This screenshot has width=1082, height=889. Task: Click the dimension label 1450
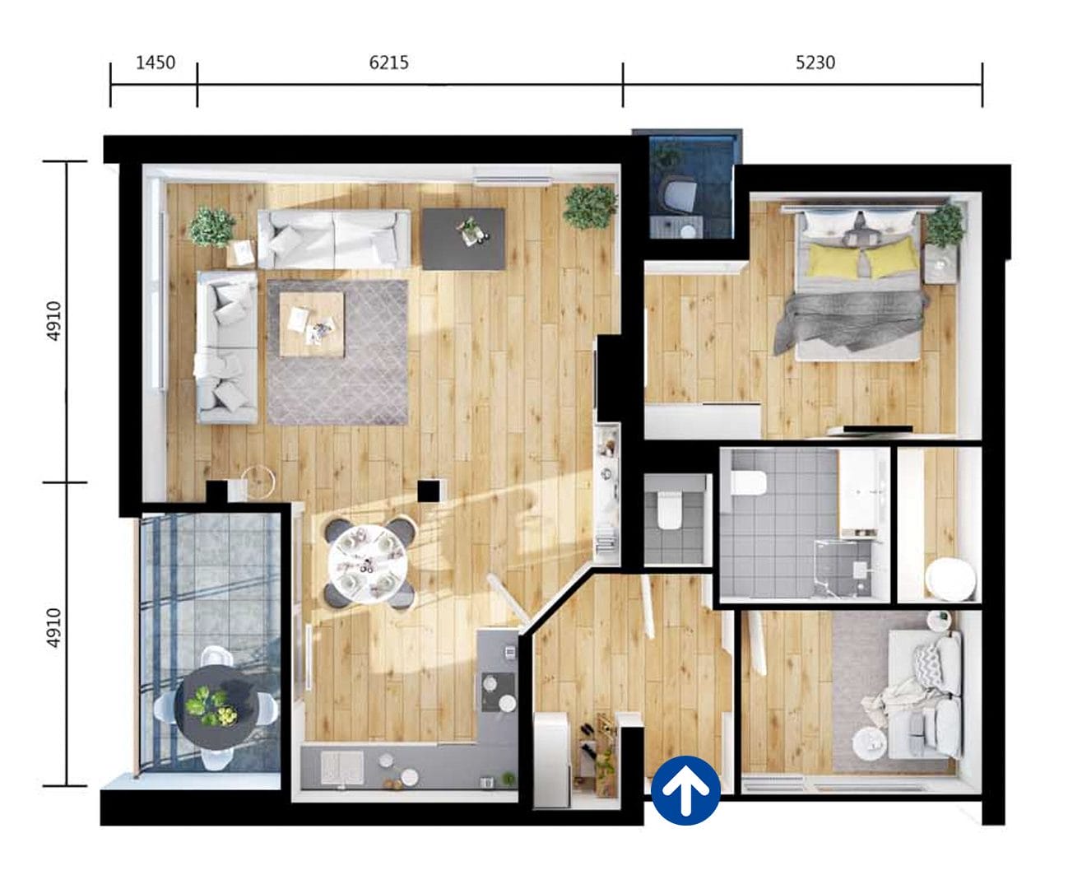click(155, 63)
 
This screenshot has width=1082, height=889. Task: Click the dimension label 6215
click(388, 63)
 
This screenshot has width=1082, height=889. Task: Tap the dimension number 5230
click(815, 63)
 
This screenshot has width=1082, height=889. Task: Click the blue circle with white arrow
click(685, 790)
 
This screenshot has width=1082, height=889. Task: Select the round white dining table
click(367, 564)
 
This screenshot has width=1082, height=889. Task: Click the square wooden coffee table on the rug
click(311, 323)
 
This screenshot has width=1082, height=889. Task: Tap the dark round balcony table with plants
click(216, 705)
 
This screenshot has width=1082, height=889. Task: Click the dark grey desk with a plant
click(463, 238)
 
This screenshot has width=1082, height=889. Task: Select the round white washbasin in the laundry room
click(950, 579)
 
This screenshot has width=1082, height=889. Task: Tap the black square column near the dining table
click(428, 491)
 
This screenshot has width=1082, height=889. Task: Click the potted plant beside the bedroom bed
click(945, 226)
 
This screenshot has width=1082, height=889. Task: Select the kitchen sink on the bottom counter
click(341, 767)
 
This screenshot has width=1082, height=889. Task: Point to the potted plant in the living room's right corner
click(590, 207)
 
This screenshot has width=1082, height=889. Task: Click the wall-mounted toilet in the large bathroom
click(749, 483)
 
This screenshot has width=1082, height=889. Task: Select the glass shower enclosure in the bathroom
click(843, 568)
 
